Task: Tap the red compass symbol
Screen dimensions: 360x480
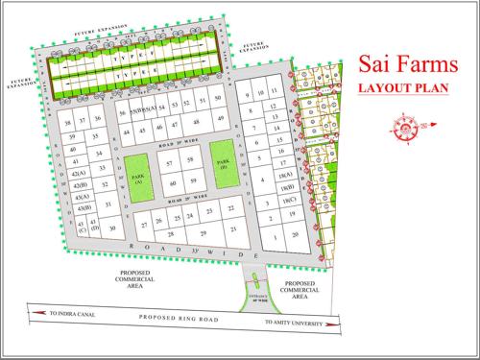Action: click(407, 126)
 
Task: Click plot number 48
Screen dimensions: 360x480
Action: click(196, 123)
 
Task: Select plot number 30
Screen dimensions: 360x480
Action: click(112, 228)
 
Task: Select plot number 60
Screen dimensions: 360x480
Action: click(173, 182)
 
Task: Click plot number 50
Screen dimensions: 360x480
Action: click(219, 99)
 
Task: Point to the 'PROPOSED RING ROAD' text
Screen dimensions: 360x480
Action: click(178, 317)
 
